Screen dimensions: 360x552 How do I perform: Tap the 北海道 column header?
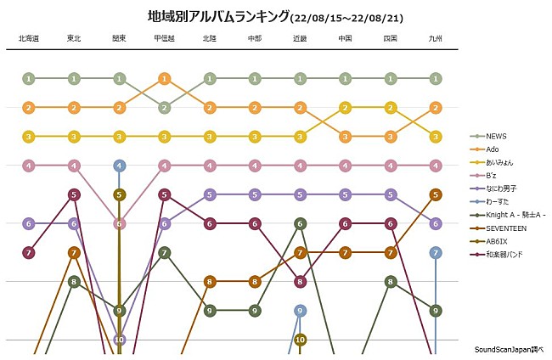(x=28, y=38)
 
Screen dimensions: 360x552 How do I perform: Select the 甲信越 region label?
(x=165, y=38)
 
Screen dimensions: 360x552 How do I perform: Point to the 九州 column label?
(x=436, y=38)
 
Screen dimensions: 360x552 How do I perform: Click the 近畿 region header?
(x=300, y=38)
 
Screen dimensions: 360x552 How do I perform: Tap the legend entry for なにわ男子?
(x=502, y=188)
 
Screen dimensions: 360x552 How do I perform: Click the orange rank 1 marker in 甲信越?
(x=165, y=79)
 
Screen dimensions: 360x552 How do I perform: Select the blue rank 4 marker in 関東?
(x=119, y=166)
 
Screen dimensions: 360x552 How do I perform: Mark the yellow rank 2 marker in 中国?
(x=345, y=108)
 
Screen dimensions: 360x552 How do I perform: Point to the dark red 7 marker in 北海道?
(x=28, y=252)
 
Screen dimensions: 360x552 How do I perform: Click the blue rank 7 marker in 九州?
(x=436, y=252)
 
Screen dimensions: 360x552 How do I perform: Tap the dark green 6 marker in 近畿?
(x=300, y=223)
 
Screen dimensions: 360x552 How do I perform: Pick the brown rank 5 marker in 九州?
(x=436, y=194)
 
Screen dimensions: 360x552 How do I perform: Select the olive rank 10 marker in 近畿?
(x=300, y=339)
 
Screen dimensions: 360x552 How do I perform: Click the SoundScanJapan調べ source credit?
(x=508, y=349)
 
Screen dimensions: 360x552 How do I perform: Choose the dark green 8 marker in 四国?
(x=391, y=281)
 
